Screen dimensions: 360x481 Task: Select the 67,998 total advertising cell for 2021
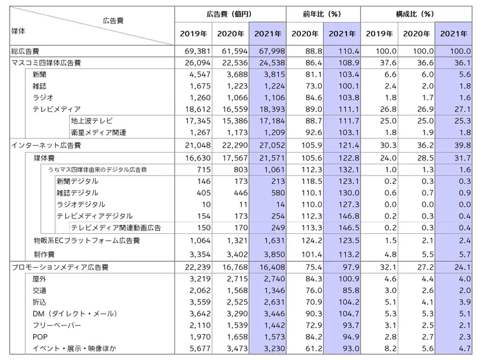268,50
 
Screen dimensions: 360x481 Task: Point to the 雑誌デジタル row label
78,192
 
